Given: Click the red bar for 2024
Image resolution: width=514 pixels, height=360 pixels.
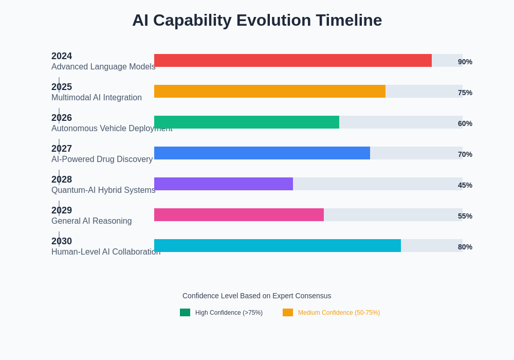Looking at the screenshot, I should pyautogui.click(x=293, y=60).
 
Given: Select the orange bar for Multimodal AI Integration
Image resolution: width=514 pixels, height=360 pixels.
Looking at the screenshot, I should pyautogui.click(x=270, y=91).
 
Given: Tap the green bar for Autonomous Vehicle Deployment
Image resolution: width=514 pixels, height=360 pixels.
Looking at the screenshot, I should pyautogui.click(x=247, y=122).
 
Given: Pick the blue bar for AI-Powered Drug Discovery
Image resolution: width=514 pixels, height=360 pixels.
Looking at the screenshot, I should pyautogui.click(x=262, y=153).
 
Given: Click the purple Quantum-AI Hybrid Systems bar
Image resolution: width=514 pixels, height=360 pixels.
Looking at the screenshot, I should pyautogui.click(x=224, y=184).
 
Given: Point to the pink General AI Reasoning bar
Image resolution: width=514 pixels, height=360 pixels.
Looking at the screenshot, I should pyautogui.click(x=239, y=214).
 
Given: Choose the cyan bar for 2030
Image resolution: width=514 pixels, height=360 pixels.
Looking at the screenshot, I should pyautogui.click(x=278, y=245).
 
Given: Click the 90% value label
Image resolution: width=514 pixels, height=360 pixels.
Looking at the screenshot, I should pyautogui.click(x=465, y=62).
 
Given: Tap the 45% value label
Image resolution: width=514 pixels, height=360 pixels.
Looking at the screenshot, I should pyautogui.click(x=465, y=185).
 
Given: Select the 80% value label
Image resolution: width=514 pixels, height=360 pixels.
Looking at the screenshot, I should pyautogui.click(x=465, y=247).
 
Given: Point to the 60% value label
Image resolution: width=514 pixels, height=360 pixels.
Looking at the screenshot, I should pyautogui.click(x=465, y=123).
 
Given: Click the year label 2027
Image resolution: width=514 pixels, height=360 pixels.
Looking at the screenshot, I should pyautogui.click(x=62, y=149).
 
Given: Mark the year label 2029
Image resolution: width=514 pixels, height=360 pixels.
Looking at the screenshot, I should pyautogui.click(x=62, y=210).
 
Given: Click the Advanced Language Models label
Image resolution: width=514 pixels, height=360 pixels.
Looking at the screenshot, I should pyautogui.click(x=103, y=67).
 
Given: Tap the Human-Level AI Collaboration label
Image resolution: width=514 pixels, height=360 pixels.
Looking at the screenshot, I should pyautogui.click(x=106, y=252).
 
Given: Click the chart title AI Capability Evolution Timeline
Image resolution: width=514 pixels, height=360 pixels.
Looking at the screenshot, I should pyautogui.click(x=257, y=20).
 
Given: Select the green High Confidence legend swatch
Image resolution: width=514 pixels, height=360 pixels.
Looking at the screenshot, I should pyautogui.click(x=185, y=312).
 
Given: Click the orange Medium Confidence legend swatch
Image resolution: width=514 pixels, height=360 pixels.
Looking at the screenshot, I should pyautogui.click(x=288, y=312).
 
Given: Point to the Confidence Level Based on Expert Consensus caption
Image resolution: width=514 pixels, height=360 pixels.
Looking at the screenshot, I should pyautogui.click(x=257, y=296).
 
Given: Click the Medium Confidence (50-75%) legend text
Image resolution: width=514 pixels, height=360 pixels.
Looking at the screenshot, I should pyautogui.click(x=339, y=313).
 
